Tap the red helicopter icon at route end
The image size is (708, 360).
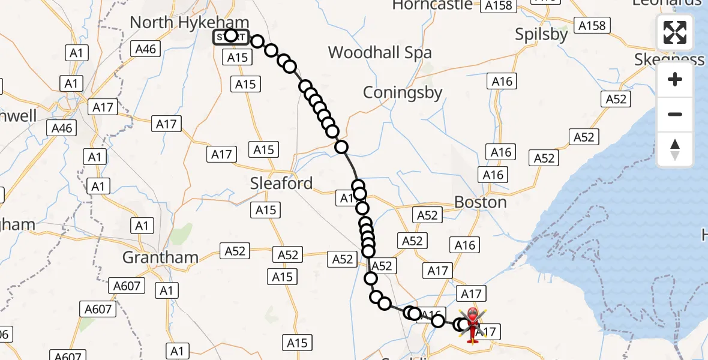pyautogui.click(x=473, y=325)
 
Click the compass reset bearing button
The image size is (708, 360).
pyautogui.click(x=675, y=149)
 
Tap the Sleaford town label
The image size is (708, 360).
pyautogui.click(x=281, y=183)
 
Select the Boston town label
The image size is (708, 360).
pyautogui.click(x=480, y=202)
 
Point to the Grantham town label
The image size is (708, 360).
pyautogui.click(x=160, y=257)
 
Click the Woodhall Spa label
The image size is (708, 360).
pyautogui.click(x=379, y=52)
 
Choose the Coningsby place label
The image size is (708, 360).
pyautogui.click(x=403, y=93)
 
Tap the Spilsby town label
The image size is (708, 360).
pyautogui.click(x=541, y=35)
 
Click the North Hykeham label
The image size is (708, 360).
pyautogui.click(x=181, y=22)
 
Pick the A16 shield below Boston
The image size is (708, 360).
pyautogui.click(x=464, y=244)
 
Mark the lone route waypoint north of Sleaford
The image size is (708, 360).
pyautogui.click(x=341, y=147)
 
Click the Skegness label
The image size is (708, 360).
pyautogui.click(x=670, y=59)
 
